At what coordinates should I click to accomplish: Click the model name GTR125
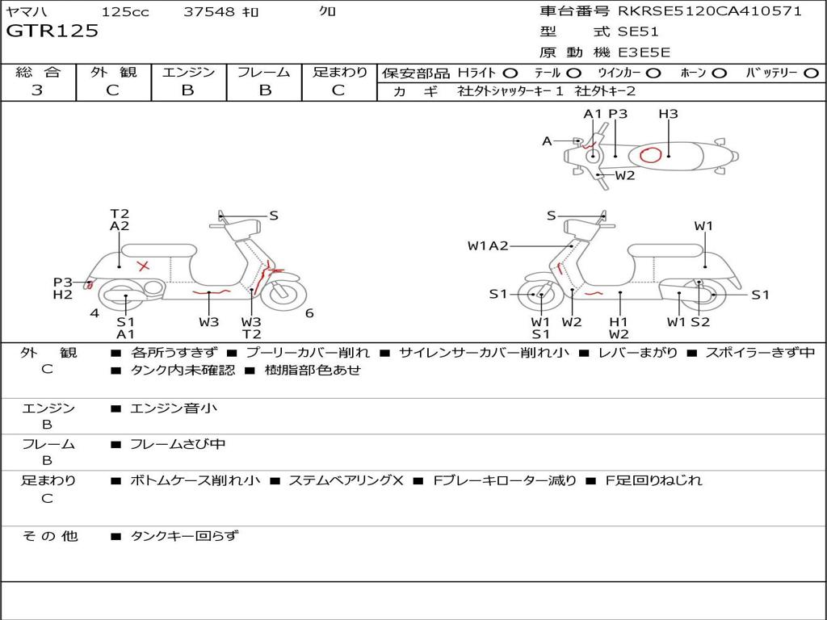click(52, 31)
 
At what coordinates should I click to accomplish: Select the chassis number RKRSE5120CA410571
click(710, 11)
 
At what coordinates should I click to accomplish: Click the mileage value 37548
click(209, 11)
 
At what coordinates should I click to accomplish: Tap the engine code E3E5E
click(644, 52)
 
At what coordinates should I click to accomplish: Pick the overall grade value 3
click(37, 90)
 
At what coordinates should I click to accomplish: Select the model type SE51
click(638, 32)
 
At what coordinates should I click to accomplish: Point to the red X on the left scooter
click(144, 266)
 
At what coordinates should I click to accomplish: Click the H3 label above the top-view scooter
click(668, 114)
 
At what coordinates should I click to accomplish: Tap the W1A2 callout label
click(488, 246)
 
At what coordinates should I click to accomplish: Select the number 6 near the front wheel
click(309, 313)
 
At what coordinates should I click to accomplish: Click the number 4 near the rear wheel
click(94, 313)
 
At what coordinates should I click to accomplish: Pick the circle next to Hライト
click(510, 73)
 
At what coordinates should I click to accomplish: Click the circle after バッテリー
click(811, 73)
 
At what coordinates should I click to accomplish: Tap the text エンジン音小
click(174, 408)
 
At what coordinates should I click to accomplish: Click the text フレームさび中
click(178, 444)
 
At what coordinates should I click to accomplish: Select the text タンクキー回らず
click(184, 535)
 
